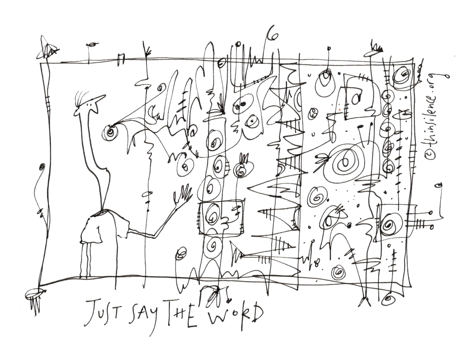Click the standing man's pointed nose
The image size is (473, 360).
[100, 99]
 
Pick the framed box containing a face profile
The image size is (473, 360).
[221, 217]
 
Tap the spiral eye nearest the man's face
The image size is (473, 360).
[110, 132]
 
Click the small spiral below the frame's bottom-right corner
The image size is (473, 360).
[389, 299]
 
